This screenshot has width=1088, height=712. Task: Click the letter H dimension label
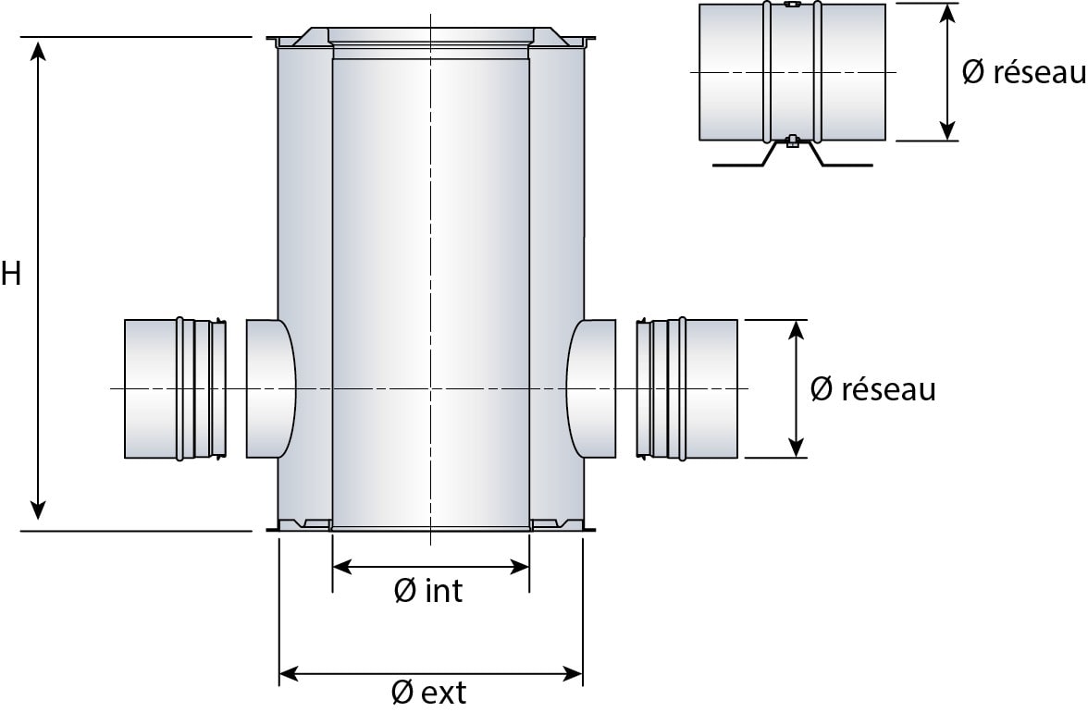click(11, 275)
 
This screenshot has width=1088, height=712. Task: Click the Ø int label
click(427, 591)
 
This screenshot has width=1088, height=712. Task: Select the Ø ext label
click(428, 692)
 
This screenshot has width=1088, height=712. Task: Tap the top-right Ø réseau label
click(1023, 72)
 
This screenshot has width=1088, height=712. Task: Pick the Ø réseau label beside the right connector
click(872, 389)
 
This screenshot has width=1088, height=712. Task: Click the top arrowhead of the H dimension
click(38, 48)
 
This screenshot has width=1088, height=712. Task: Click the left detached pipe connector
click(175, 388)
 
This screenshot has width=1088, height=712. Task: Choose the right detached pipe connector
click(687, 388)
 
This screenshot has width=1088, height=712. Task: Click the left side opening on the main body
click(271, 388)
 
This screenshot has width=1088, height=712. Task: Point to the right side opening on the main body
click(591, 388)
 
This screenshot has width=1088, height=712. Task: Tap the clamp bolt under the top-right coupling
click(792, 142)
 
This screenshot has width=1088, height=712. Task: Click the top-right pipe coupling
click(792, 72)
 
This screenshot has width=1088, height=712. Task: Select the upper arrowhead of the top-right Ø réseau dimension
click(946, 13)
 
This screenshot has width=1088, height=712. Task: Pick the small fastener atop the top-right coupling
click(792, 5)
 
